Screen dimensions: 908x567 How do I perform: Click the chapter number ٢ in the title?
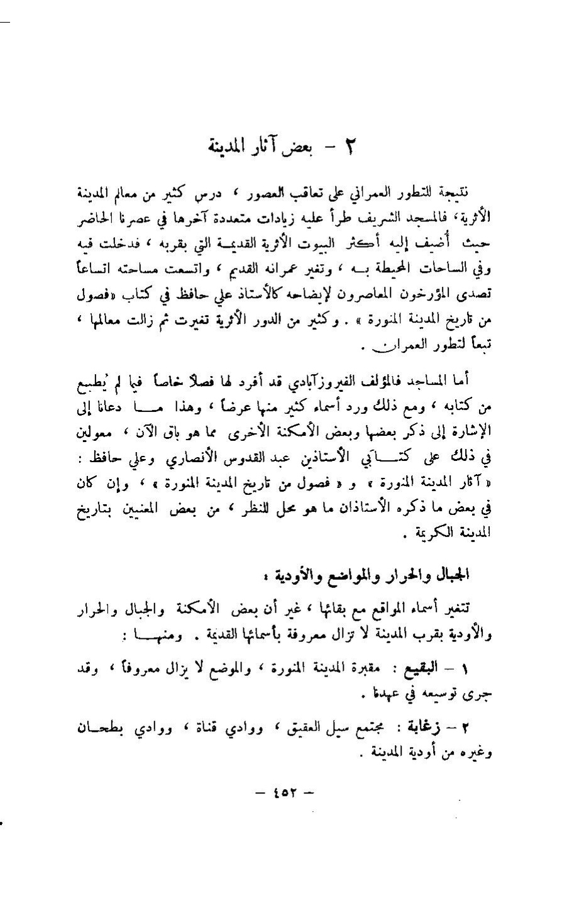pos(351,149)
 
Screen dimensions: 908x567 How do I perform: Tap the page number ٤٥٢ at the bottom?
pos(284,792)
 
